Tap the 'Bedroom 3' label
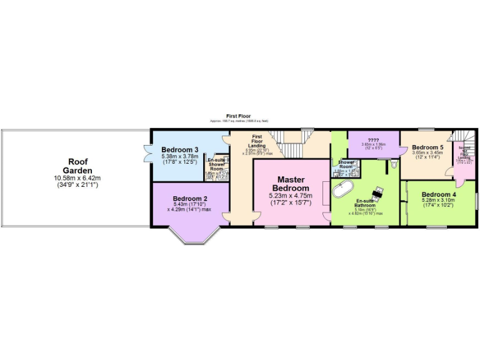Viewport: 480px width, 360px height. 180,150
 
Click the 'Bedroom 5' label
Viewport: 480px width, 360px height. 427,147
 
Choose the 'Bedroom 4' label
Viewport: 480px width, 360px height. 439,194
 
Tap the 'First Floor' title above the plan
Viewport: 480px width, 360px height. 239,116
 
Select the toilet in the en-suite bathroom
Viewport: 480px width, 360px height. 393,164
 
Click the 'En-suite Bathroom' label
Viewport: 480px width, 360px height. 366,202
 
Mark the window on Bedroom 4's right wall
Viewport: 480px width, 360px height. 476,202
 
